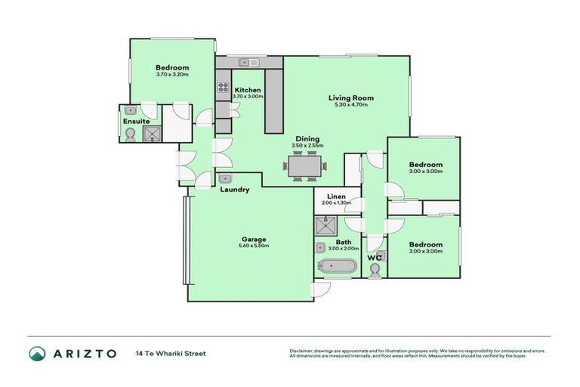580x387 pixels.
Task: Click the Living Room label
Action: (350, 98)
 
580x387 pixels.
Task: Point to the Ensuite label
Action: (136, 121)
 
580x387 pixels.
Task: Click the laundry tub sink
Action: (225, 179)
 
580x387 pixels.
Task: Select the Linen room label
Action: (337, 197)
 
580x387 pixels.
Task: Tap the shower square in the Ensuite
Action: (153, 135)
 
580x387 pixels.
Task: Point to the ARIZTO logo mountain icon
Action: (38, 353)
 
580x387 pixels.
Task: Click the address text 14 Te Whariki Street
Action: (171, 353)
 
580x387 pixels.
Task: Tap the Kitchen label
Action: (247, 90)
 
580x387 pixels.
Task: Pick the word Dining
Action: (307, 139)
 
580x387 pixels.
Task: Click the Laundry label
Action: (234, 190)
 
